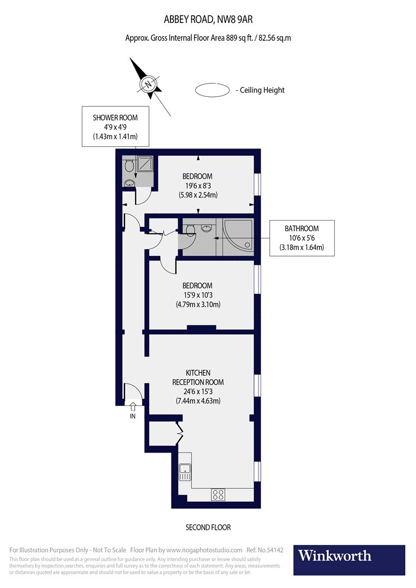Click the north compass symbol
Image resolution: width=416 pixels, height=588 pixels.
pos(149,85)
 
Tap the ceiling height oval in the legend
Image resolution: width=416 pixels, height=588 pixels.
pos(212,90)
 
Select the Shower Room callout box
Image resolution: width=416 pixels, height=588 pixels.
pos(115,127)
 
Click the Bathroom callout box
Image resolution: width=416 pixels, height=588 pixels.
pos(302,238)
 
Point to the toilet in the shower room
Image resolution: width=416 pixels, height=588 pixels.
pos(128,165)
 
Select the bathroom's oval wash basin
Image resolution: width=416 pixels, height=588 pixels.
pos(207,228)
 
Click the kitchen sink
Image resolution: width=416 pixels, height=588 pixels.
pos(184,473)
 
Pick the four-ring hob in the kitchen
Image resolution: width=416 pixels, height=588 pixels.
pos(218,494)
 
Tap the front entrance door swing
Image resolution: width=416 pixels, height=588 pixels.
pos(132,391)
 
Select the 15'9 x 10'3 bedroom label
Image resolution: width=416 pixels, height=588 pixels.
pos(197,295)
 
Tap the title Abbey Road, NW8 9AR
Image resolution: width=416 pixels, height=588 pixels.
pos(207,20)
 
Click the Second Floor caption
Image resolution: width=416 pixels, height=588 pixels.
pos(208,528)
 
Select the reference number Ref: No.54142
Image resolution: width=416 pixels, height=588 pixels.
pos(265,550)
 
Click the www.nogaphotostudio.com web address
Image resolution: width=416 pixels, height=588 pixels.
pos(204,550)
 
